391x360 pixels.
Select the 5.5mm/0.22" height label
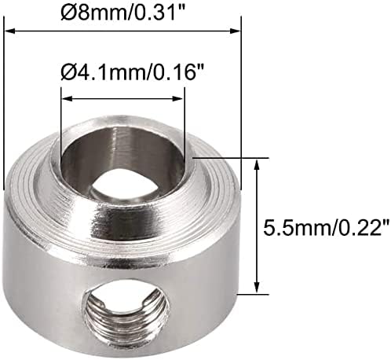(x=327, y=227)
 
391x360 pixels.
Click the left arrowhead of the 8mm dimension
(x=10, y=31)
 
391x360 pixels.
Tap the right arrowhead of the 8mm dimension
(x=235, y=31)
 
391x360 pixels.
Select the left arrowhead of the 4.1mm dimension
(x=67, y=99)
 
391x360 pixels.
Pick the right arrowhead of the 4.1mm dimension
(x=177, y=99)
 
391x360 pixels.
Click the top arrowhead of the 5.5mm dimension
(x=258, y=164)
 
